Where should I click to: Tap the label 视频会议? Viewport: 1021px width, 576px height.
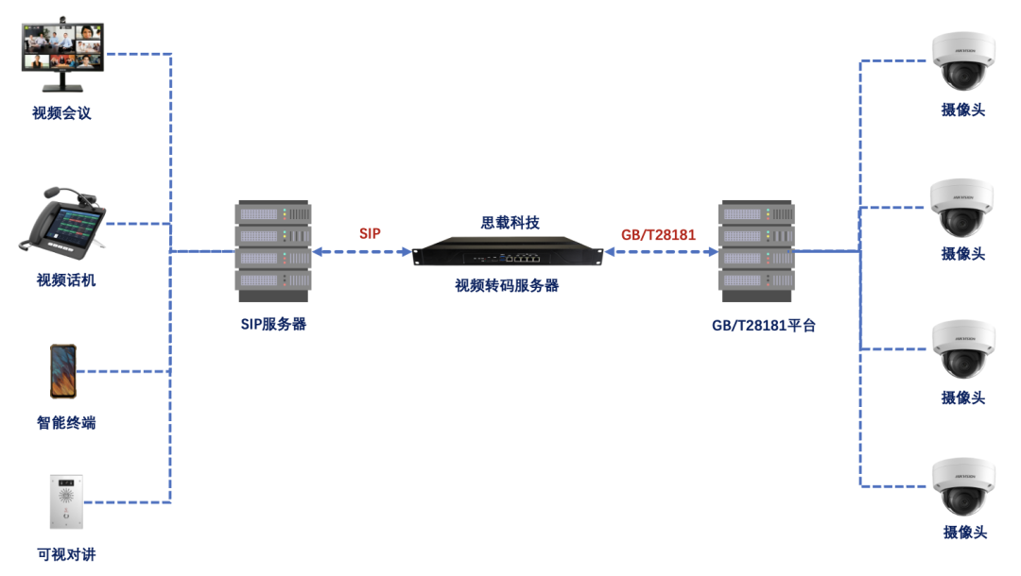point(61,113)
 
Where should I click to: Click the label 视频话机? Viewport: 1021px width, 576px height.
point(65,280)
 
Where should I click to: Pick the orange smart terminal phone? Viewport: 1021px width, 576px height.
point(63,371)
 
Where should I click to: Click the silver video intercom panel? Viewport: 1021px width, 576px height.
point(65,501)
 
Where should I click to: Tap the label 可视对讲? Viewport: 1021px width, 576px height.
point(66,554)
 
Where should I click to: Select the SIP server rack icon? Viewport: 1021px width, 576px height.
point(273,246)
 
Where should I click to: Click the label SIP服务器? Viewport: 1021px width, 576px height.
point(273,324)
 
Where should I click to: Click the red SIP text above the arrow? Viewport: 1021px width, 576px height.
point(370,233)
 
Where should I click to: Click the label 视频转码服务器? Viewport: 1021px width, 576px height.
point(507,285)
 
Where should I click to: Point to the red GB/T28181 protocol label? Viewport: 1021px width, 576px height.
point(658,233)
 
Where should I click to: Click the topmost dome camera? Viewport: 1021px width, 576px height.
point(962,61)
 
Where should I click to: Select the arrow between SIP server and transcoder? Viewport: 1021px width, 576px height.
point(362,252)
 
